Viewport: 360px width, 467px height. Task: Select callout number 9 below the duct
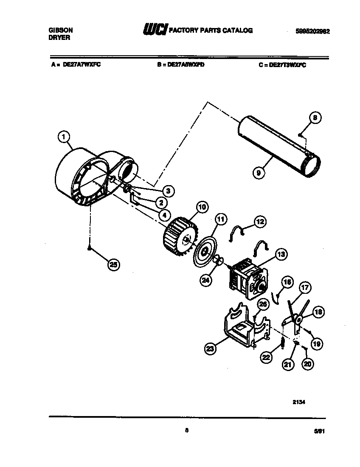coord(258,173)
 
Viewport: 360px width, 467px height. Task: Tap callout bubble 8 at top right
coord(315,118)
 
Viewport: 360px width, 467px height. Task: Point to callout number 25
coord(113,265)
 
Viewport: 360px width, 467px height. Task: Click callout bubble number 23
coord(211,349)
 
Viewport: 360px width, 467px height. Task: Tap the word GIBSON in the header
coord(61,30)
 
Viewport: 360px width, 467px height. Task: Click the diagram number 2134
coord(299,404)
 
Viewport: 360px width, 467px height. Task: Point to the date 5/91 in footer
coord(319,430)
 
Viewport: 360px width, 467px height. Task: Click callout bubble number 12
coord(260,221)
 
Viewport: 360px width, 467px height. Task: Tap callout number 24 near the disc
coord(205,280)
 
